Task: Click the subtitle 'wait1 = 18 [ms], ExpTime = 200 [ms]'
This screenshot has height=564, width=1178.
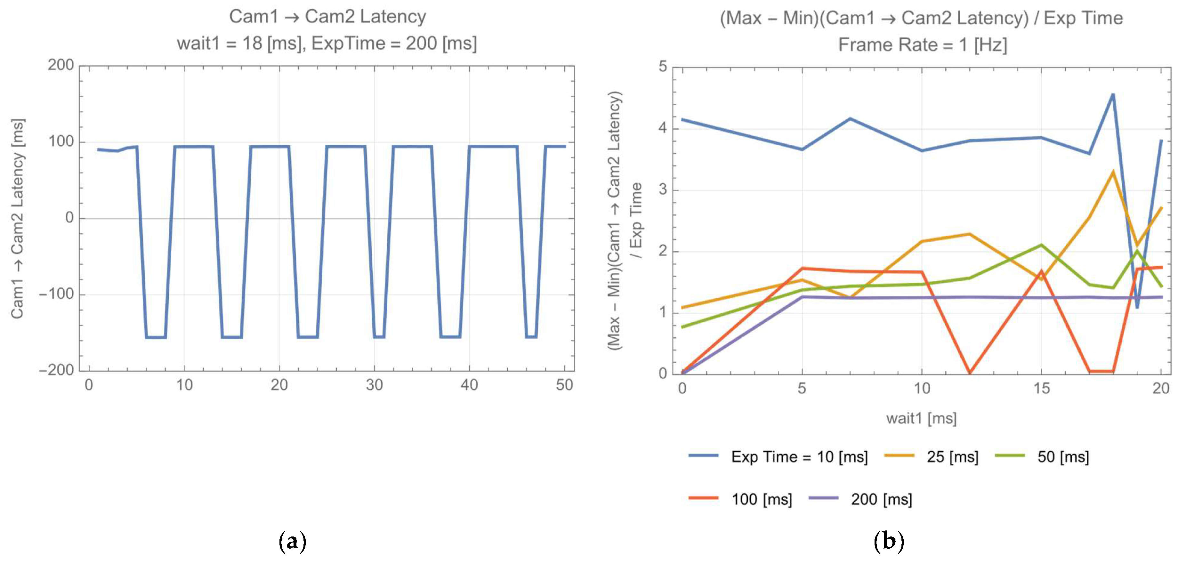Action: coord(327,44)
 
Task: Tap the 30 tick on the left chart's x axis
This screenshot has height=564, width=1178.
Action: coord(374,385)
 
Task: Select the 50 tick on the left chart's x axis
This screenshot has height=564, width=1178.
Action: coord(564,385)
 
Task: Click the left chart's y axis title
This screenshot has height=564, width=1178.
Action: coord(18,219)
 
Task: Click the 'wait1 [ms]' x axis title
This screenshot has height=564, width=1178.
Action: coord(921,418)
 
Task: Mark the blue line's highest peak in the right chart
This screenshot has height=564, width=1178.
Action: coord(1113,95)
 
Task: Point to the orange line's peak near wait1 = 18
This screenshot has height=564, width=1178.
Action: coord(1113,172)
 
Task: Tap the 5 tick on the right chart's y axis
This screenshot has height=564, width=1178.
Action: coord(663,67)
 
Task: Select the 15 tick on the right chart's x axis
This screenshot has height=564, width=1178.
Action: coord(1041,389)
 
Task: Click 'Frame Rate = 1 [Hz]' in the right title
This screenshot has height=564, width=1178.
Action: coord(922,45)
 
